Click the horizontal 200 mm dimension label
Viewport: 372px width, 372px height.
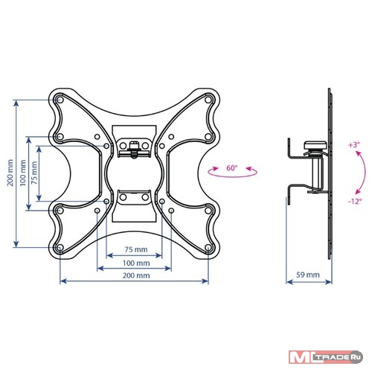[136, 275]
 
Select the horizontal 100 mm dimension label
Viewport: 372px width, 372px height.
[136, 263]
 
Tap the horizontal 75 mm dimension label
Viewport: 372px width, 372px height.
[136, 249]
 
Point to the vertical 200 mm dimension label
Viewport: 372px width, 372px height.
[10, 173]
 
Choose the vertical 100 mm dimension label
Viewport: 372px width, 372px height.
[23, 173]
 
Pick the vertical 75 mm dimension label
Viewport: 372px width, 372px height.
[34, 173]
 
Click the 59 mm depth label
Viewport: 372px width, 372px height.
[308, 275]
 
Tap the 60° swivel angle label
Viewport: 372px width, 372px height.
[232, 168]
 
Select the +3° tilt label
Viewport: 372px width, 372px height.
[354, 145]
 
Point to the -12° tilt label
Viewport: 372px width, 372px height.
[355, 201]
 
